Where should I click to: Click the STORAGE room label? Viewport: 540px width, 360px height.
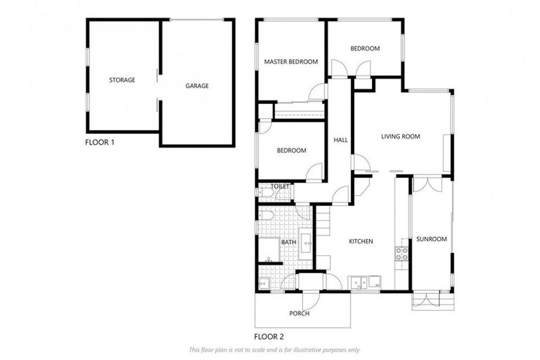point(122,80)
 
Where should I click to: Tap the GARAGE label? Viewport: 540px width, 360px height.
point(197,86)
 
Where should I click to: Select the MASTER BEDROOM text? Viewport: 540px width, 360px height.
point(290,62)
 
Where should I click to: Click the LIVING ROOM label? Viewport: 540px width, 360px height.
point(400,136)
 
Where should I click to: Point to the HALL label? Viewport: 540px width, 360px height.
point(340,140)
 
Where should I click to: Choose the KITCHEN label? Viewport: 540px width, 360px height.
point(361,241)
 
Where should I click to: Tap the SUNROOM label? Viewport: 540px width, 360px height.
point(431,239)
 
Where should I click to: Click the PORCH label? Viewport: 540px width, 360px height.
point(300,313)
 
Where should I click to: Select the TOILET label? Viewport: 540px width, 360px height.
point(280,186)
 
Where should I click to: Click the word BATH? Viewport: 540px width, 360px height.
point(288,243)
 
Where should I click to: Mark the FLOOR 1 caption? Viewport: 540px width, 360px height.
point(99,142)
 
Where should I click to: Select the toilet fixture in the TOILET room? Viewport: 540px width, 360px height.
point(263,193)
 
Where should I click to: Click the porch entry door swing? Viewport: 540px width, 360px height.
point(313,298)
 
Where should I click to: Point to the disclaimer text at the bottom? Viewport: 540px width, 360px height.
point(274,349)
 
